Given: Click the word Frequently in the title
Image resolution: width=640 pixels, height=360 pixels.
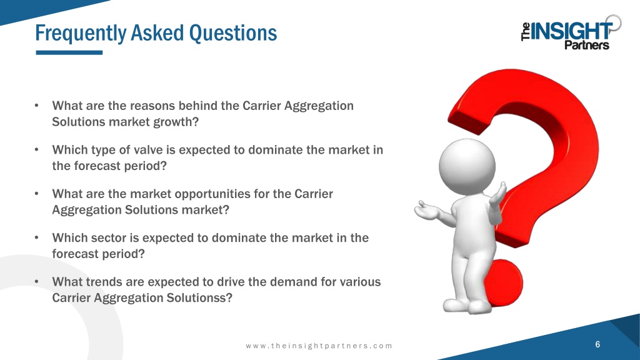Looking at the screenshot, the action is pyautogui.click(x=81, y=34).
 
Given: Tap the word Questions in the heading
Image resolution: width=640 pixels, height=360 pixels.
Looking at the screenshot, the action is pyautogui.click(x=233, y=34).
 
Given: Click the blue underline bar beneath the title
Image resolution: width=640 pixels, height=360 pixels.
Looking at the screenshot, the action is pyautogui.click(x=69, y=52).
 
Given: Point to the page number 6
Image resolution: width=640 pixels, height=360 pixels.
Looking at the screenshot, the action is pyautogui.click(x=597, y=344).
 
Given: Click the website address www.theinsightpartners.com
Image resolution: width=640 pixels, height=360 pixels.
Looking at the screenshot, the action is pyautogui.click(x=319, y=346).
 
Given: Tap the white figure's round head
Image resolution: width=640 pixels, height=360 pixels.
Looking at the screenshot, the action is pyautogui.click(x=467, y=166).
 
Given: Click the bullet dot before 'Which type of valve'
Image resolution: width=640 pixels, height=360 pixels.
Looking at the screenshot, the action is pyautogui.click(x=37, y=150).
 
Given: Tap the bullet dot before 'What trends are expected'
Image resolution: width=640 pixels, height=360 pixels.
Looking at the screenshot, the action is pyautogui.click(x=37, y=282).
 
